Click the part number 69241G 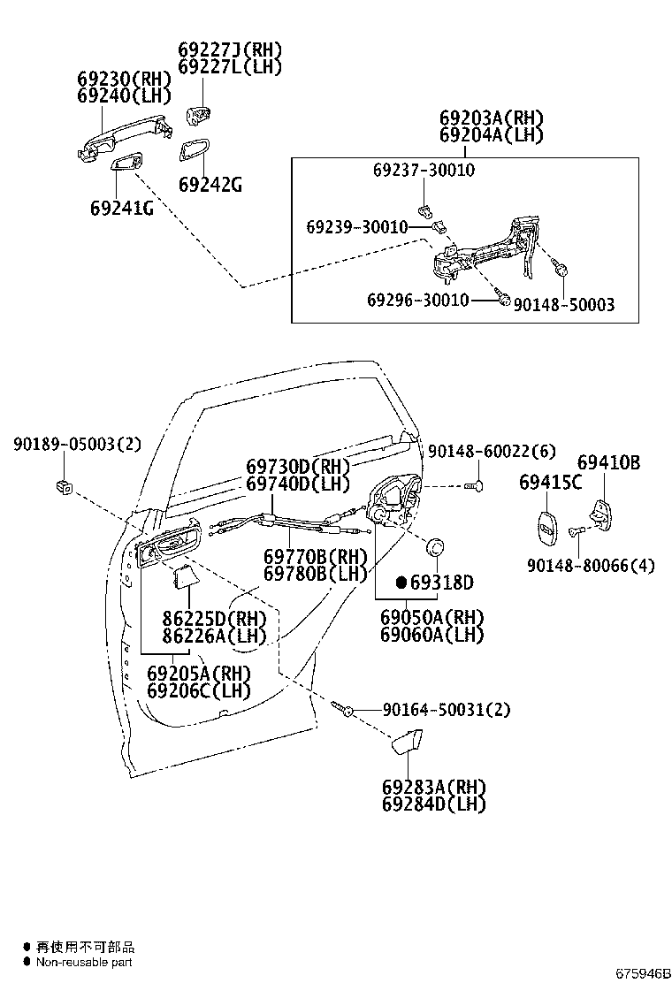(x=121, y=209)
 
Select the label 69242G (x=210, y=185)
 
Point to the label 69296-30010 (x=418, y=301)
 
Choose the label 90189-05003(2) (x=77, y=444)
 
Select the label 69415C (x=550, y=482)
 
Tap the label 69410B (x=608, y=462)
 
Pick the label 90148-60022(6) (x=492, y=452)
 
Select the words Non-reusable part (x=84, y=962)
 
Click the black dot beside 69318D (x=401, y=582)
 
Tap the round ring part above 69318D (x=435, y=548)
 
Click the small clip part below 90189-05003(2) (x=63, y=484)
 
